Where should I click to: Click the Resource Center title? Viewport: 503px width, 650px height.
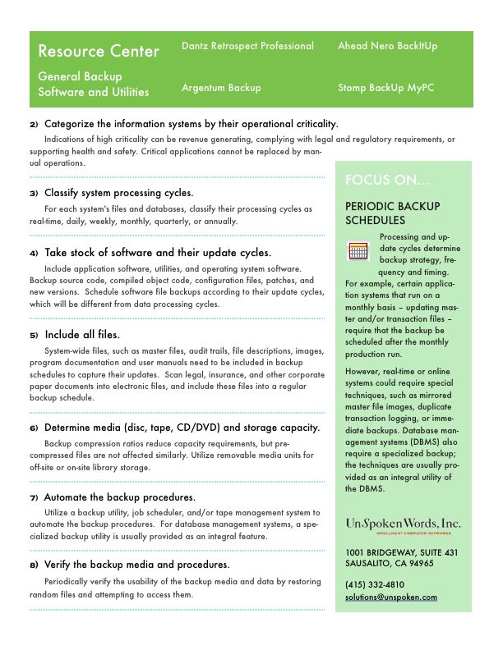click(x=99, y=51)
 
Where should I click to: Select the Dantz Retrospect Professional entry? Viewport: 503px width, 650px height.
click(x=247, y=46)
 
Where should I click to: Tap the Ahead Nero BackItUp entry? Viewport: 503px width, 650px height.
click(x=387, y=46)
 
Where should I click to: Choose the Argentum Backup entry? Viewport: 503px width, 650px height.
click(x=221, y=87)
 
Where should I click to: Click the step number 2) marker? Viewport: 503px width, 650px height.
click(x=34, y=124)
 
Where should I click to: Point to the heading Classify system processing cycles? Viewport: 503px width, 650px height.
click(x=118, y=193)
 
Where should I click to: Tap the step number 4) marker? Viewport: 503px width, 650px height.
click(x=34, y=254)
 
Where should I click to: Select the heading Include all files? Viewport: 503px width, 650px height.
click(x=81, y=335)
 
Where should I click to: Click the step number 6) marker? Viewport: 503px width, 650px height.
click(x=34, y=428)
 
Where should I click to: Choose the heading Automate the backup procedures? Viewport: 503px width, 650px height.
click(x=119, y=497)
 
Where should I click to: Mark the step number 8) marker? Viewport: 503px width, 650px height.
click(x=34, y=565)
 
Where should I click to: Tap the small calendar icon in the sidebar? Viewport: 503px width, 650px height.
click(x=358, y=251)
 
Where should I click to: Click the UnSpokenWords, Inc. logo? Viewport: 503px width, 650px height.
click(x=403, y=524)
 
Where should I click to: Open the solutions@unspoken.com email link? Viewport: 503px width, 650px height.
click(x=391, y=597)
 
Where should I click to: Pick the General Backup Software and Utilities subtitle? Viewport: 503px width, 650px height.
click(x=94, y=84)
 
